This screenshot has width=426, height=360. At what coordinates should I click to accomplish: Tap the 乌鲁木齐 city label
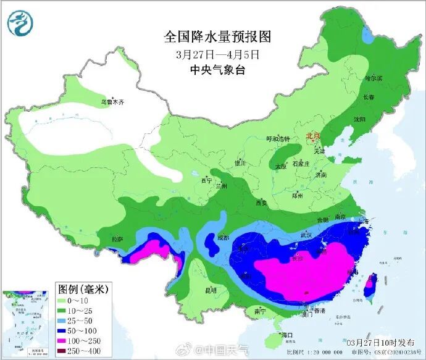point(113,102)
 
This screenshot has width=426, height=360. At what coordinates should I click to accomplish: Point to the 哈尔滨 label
point(374,78)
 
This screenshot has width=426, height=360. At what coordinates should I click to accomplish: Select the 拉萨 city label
point(117,239)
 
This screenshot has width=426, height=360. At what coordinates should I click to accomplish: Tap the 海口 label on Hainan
point(286,335)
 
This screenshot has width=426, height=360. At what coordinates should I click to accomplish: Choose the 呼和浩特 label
point(277,140)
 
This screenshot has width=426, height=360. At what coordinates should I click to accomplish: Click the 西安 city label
point(261,202)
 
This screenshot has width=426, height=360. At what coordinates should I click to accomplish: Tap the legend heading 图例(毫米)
point(83,288)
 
